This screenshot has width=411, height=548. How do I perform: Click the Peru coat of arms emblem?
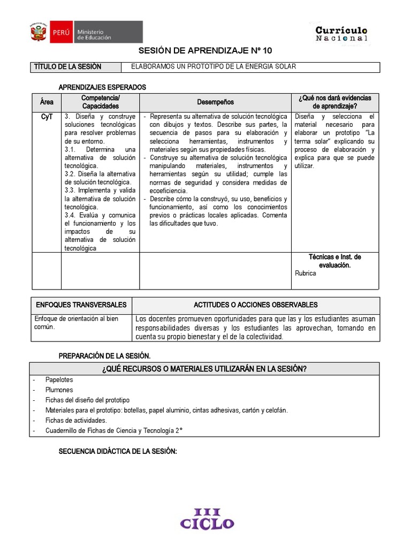(x=39, y=32)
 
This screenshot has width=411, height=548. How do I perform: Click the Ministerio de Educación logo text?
(x=94, y=35)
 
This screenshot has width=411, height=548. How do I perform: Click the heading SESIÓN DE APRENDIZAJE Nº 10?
(x=205, y=51)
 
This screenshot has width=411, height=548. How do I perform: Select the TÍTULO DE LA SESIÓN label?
(x=67, y=67)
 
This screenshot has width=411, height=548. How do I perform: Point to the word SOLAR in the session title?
(x=285, y=67)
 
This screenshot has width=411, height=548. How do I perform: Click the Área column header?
(x=47, y=102)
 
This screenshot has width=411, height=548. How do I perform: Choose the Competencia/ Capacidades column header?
(x=101, y=102)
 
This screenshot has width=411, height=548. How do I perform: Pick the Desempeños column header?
(x=215, y=102)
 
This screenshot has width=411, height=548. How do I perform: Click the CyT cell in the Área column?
(x=47, y=117)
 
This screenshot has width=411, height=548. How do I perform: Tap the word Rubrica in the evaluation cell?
(x=306, y=273)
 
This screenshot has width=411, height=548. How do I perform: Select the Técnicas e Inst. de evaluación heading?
(x=334, y=261)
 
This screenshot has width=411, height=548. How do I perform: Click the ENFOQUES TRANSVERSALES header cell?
(x=81, y=305)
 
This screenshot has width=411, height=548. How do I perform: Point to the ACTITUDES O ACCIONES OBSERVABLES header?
(x=255, y=305)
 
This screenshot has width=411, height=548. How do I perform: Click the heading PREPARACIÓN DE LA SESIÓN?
(x=104, y=356)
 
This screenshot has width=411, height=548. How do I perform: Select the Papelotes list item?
(x=59, y=379)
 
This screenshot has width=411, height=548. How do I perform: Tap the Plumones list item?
(x=59, y=390)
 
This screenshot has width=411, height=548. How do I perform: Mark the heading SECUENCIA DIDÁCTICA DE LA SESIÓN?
(x=117, y=452)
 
